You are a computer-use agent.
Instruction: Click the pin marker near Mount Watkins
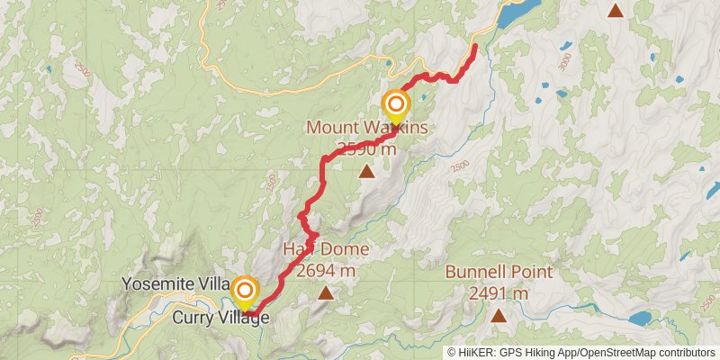(x=394, y=106)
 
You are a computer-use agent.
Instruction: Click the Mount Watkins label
(x=367, y=128)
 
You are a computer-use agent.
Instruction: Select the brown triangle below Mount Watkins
(x=367, y=170)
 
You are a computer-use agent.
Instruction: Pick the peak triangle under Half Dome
(x=325, y=292)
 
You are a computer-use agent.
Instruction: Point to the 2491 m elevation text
(x=498, y=292)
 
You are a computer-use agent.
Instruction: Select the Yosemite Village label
(x=176, y=284)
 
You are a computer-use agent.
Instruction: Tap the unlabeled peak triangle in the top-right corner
(x=616, y=11)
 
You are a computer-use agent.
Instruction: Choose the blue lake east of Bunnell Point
(x=640, y=319)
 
